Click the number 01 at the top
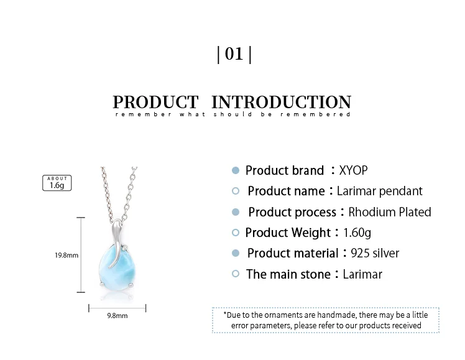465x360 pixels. (x=234, y=54)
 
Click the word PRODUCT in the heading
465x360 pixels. (x=155, y=102)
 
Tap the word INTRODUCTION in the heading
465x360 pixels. (x=282, y=102)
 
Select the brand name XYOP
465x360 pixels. (x=353, y=170)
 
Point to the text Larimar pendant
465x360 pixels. (x=380, y=192)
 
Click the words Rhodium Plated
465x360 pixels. (x=390, y=212)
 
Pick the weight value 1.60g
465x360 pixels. (x=357, y=233)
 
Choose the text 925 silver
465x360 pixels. (x=375, y=253)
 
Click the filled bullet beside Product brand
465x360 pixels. (x=236, y=170)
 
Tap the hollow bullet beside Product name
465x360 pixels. (x=236, y=191)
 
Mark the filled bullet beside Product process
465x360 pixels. (x=236, y=212)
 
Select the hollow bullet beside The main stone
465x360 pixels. (x=236, y=274)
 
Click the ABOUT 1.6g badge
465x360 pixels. (x=57, y=183)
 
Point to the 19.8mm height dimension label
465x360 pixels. (x=67, y=255)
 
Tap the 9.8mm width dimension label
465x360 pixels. (x=117, y=315)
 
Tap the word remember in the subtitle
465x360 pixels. (x=143, y=114)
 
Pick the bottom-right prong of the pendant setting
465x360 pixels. (x=131, y=285)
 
